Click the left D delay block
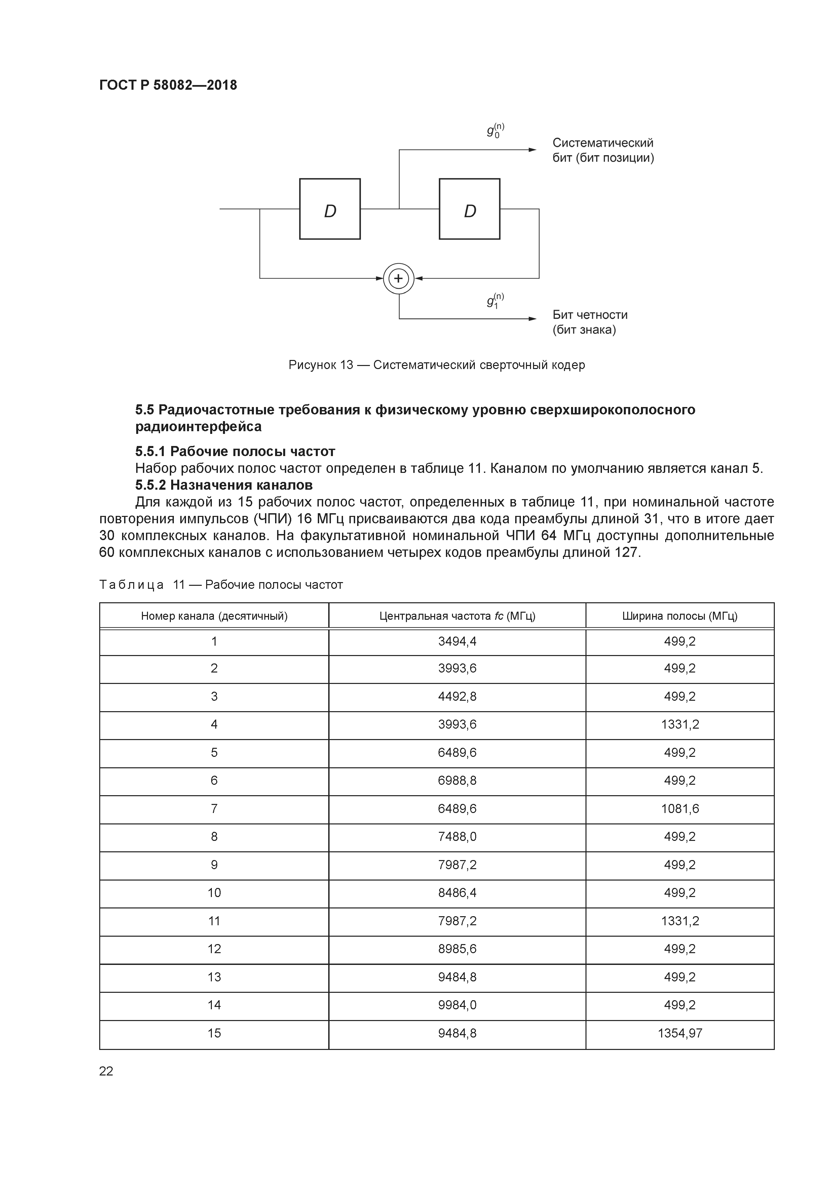tap(330, 209)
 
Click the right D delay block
tap(469, 209)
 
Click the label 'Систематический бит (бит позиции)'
tap(603, 150)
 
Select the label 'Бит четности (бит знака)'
tap(590, 322)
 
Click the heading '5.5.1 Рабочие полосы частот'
tap(235, 451)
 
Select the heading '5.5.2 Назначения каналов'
tap(224, 485)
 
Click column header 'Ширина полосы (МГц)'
tap(679, 616)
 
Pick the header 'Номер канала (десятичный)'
tap(214, 616)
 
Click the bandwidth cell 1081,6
tap(679, 809)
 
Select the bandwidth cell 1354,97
tap(679, 1033)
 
